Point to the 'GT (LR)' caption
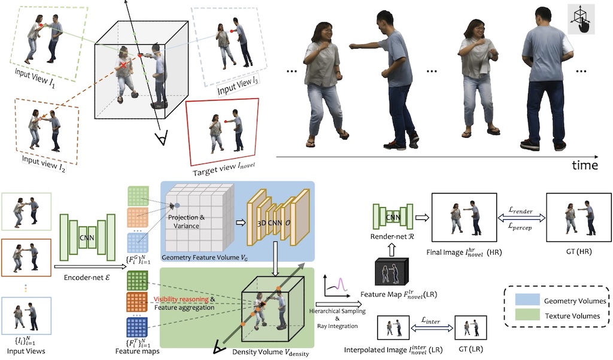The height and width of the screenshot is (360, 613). [x=470, y=349]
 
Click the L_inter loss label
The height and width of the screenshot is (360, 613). [x=429, y=322]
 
